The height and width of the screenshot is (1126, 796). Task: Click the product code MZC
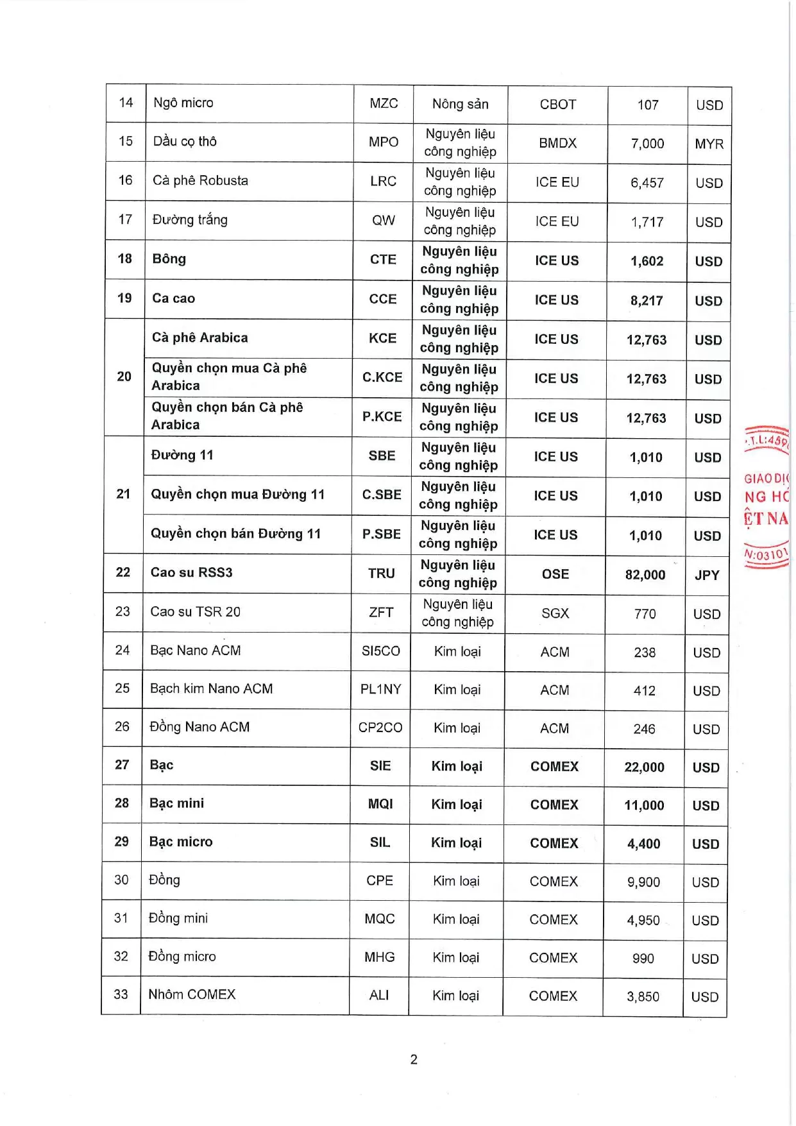tap(384, 103)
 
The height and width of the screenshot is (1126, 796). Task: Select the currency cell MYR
tap(709, 144)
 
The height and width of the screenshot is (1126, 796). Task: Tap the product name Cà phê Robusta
tap(200, 180)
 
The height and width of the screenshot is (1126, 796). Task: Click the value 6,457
tap(647, 183)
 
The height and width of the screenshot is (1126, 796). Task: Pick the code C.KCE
tap(382, 377)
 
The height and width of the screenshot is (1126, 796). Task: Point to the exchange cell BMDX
tap(557, 143)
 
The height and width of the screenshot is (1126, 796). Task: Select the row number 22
tap(123, 572)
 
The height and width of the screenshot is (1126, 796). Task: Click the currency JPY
tap(707, 575)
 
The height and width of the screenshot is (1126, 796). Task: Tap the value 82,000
tap(645, 575)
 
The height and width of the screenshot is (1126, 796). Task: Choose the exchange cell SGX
tap(555, 613)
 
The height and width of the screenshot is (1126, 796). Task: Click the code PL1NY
tap(380, 689)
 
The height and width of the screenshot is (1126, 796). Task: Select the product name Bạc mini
tap(176, 803)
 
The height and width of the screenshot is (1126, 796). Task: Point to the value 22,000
tap(644, 767)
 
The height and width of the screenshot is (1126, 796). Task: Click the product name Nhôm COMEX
tap(192, 994)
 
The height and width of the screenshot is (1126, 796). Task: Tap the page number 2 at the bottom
tap(414, 1059)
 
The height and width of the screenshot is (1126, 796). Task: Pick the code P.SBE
tap(382, 534)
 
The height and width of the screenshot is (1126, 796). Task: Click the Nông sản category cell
tap(460, 104)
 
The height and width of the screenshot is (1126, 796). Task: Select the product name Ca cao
tap(173, 298)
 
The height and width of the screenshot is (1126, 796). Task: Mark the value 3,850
tap(643, 996)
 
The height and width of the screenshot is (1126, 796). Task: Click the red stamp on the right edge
tap(766, 497)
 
